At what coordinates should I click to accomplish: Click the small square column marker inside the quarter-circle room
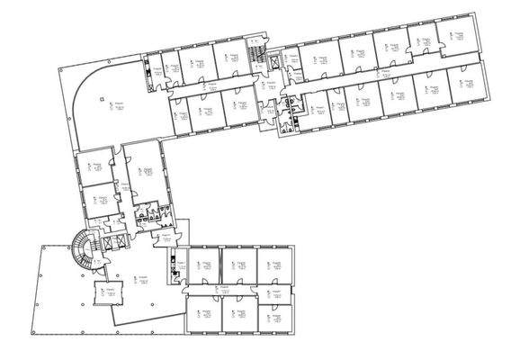[103, 99]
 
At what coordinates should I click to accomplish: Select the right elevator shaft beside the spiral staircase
[123, 242]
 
